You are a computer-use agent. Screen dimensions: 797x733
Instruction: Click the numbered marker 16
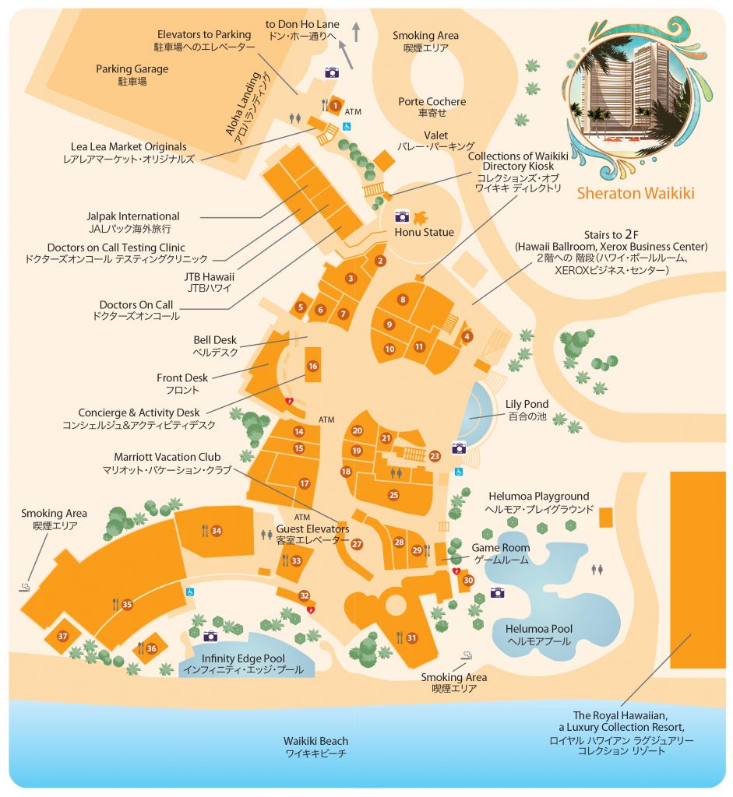point(312,366)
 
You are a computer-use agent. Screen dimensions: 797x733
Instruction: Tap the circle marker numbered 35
point(127,604)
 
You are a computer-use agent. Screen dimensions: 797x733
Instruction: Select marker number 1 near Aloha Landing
point(335,105)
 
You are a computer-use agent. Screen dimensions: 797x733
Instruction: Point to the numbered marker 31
point(411,638)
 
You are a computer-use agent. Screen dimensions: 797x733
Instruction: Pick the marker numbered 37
point(63,636)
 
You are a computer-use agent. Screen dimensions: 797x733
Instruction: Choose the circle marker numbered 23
point(435,456)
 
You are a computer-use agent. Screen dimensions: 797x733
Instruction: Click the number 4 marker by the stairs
point(467,336)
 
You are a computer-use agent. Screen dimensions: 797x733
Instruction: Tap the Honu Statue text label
point(424,232)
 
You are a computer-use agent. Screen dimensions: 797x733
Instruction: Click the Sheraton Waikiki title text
point(636,192)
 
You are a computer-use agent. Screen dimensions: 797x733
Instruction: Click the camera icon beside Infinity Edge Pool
point(210,636)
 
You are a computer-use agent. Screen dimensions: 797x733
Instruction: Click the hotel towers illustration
point(633,97)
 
